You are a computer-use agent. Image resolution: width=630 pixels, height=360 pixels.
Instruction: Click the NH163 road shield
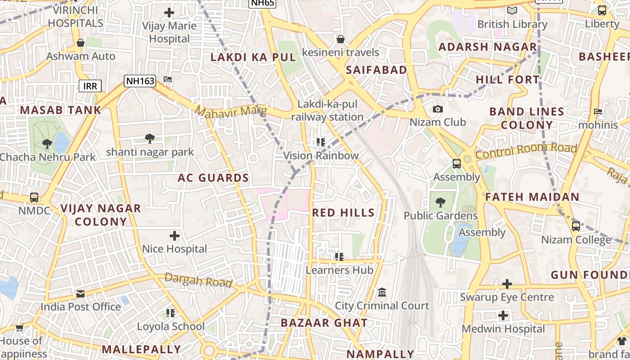pos(140,81)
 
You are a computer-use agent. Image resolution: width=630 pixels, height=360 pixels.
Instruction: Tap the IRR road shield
pos(90,86)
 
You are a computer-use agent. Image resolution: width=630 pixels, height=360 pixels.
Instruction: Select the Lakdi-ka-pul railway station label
pos(327,111)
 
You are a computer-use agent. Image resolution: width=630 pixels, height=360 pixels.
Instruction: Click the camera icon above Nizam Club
pos(437,109)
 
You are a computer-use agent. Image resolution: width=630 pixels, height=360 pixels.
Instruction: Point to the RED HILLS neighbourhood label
pos(343,213)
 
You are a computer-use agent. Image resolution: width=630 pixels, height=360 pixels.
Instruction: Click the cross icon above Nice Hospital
pos(175,235)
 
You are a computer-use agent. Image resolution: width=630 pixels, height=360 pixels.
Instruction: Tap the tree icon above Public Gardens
pos(440,202)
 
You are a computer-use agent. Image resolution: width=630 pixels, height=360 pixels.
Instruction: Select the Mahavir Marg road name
pos(231,111)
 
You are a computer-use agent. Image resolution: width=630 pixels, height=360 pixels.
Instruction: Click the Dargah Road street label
pos(198,280)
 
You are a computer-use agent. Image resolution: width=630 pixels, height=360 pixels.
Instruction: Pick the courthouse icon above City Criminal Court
pos(382,292)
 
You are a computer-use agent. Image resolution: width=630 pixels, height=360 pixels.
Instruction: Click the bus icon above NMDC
pos(34,197)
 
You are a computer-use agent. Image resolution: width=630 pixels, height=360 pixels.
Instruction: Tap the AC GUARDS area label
pos(213,178)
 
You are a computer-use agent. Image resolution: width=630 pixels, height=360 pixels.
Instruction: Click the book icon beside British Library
pos(512,10)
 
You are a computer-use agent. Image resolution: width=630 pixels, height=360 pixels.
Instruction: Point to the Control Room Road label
pos(526,151)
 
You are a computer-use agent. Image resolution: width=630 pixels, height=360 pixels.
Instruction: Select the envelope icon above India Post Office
pos(81,294)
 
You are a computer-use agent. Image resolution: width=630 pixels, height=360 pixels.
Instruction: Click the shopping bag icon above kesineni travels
pos(341,39)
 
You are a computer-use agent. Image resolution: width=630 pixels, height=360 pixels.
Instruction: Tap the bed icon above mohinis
pos(598,112)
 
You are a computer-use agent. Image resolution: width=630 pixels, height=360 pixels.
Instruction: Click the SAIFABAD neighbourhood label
pos(376,70)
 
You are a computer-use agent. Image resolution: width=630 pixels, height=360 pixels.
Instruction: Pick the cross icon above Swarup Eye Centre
pos(507,284)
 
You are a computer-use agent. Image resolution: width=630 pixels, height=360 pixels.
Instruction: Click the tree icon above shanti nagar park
pos(150,139)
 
